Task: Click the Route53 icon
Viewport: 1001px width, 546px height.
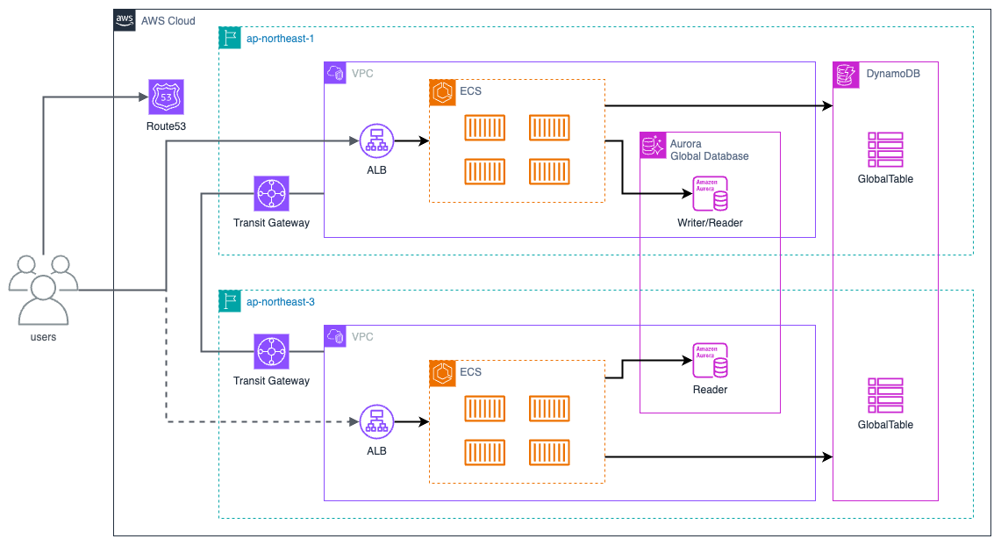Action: (167, 97)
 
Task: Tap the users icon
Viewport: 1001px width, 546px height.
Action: (43, 290)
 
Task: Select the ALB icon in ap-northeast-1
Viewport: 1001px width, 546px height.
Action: (376, 140)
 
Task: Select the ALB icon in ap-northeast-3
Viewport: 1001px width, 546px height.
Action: (376, 422)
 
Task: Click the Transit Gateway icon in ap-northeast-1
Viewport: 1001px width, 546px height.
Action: (271, 193)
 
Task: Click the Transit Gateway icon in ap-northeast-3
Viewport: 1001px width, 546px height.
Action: (271, 351)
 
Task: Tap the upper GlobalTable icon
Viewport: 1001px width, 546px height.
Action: (885, 150)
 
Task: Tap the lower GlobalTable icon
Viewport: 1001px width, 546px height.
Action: (885, 395)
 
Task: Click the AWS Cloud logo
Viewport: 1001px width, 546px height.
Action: (125, 20)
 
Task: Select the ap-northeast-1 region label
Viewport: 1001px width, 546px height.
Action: (281, 38)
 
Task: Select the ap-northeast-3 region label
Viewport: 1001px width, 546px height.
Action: (281, 301)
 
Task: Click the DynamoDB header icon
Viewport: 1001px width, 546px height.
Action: (845, 74)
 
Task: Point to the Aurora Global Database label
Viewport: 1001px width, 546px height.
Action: (709, 149)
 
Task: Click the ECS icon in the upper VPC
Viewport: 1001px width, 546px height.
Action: (441, 91)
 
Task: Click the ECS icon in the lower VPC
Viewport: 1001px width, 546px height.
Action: (441, 372)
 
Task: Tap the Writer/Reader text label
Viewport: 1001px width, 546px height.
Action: (710, 223)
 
